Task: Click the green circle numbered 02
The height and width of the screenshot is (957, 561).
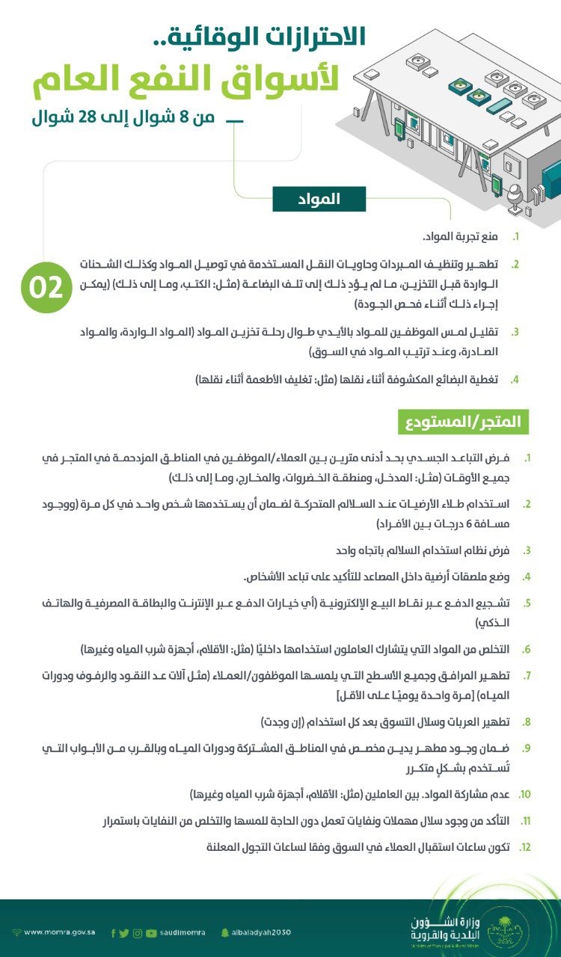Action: click(x=46, y=286)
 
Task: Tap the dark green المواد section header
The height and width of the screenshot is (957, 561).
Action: click(x=319, y=199)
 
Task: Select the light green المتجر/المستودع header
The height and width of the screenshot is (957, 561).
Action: click(x=463, y=421)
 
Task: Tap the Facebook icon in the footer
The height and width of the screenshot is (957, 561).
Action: click(x=113, y=932)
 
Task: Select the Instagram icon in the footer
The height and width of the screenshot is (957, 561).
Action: click(x=138, y=932)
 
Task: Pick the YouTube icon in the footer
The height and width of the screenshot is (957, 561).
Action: click(x=152, y=932)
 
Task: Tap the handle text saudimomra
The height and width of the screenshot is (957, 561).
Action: click(x=183, y=932)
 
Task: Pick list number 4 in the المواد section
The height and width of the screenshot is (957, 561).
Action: click(x=515, y=380)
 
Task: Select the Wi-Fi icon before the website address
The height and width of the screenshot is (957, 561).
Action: click(x=16, y=932)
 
